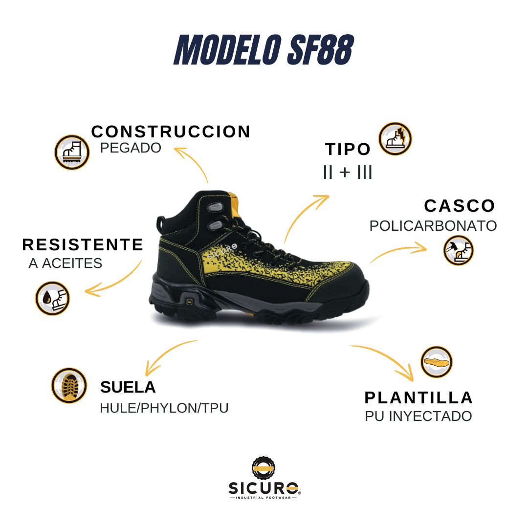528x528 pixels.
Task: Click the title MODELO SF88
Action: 264,51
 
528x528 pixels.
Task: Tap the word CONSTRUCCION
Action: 171,132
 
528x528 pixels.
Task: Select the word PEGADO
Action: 131,148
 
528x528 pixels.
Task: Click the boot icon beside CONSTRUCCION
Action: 72,152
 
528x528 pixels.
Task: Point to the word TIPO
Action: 348,149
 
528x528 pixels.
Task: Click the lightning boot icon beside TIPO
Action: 395,139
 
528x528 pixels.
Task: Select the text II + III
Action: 348,172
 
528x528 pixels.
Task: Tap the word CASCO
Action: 460,206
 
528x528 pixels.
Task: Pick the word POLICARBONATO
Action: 433,226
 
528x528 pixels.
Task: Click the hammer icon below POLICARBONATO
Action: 458,250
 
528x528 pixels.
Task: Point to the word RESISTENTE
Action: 83,244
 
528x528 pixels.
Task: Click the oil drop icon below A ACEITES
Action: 52,298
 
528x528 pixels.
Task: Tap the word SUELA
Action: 128,387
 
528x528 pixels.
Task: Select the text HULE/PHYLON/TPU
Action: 164,408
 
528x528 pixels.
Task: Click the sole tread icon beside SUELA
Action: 69,385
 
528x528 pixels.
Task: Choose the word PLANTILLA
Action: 419,397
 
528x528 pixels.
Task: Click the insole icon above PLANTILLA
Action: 437,362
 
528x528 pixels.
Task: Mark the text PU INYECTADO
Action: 418,417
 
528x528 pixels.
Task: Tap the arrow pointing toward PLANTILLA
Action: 386,359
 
